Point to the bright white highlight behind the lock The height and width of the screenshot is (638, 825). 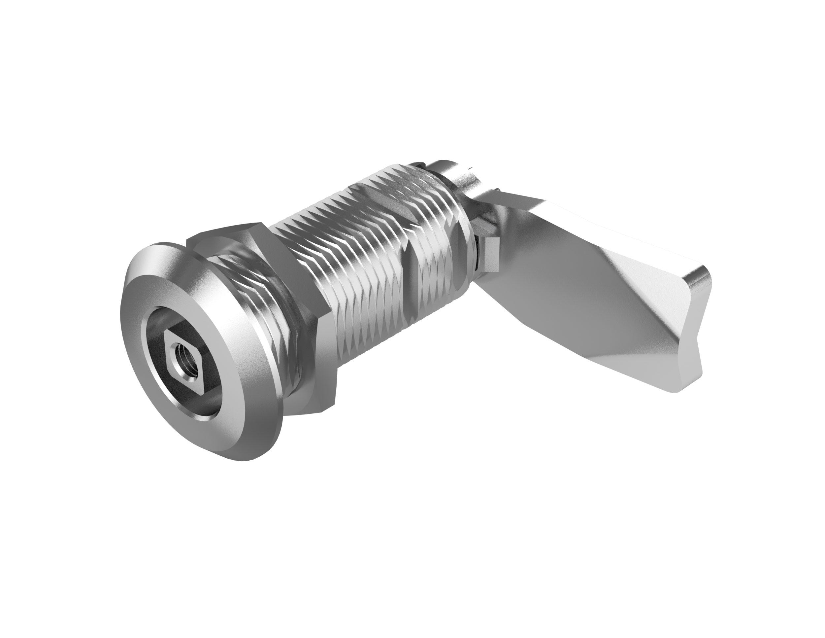pyautogui.click(x=567, y=94)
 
